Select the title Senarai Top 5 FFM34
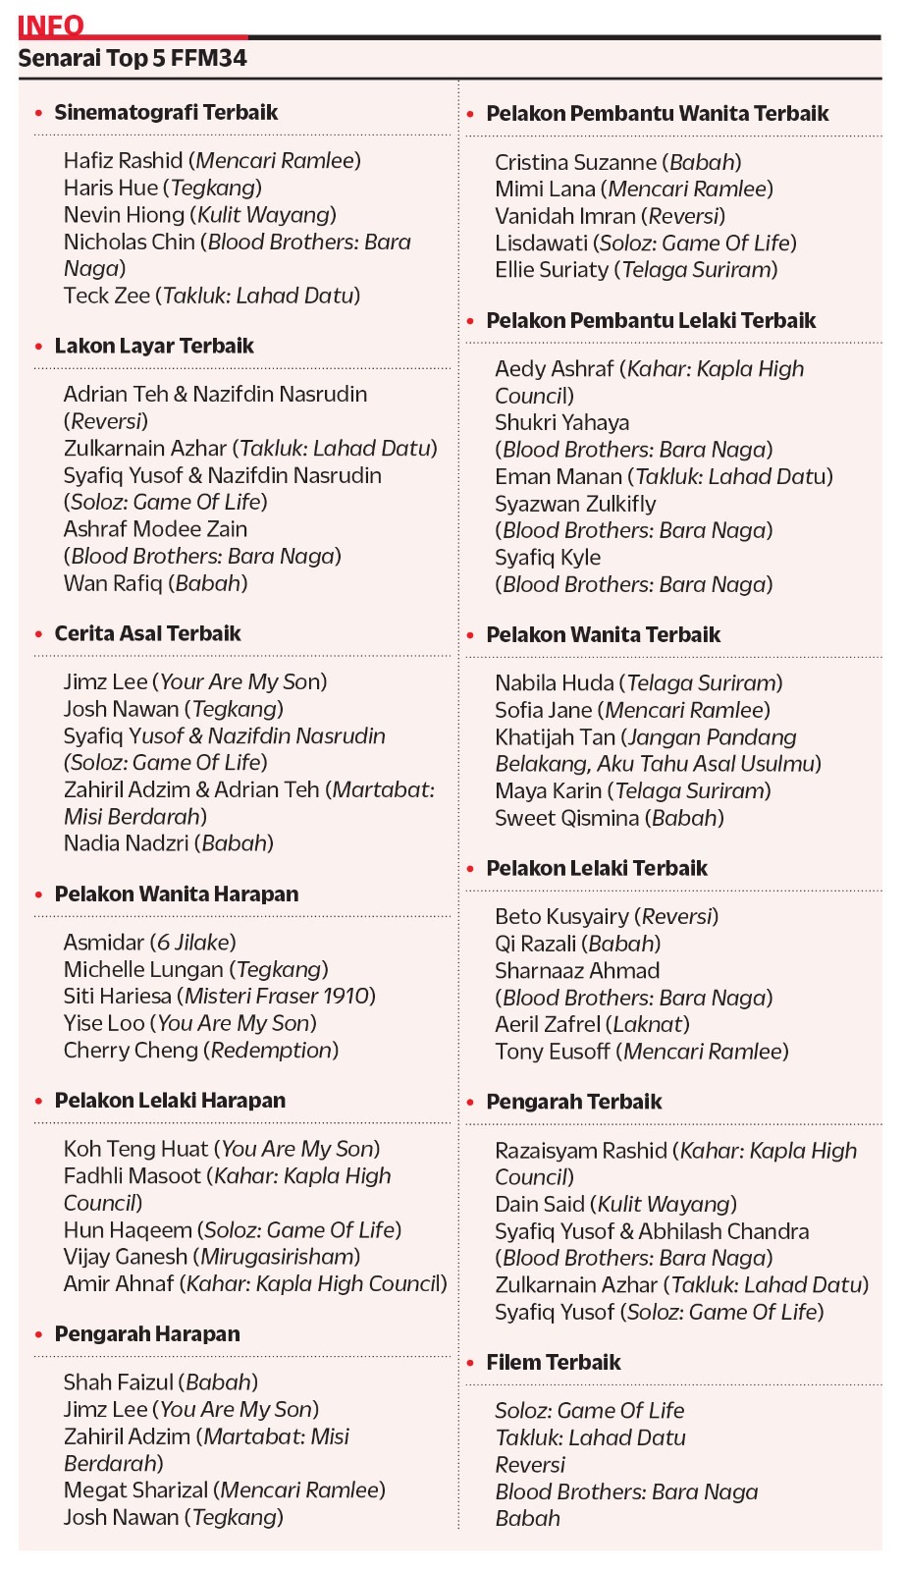133,58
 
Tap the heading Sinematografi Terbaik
166,112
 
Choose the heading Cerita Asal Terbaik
147,633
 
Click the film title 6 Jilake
193,942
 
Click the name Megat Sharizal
135,1490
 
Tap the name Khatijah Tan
556,736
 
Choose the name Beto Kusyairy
561,916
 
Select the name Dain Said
540,1204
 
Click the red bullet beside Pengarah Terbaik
471,1103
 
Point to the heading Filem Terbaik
554,1362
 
